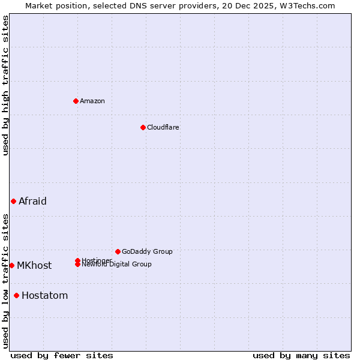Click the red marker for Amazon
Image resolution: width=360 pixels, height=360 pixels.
pyautogui.click(x=76, y=101)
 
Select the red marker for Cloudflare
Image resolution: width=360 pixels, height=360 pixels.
pyautogui.click(x=143, y=127)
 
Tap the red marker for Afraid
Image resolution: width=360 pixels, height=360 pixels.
pyautogui.click(x=13, y=201)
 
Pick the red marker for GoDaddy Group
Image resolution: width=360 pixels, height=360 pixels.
pyautogui.click(x=118, y=251)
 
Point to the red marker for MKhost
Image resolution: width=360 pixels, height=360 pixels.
pyautogui.click(x=11, y=265)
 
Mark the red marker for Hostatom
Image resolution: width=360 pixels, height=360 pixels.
pyautogui.click(x=16, y=295)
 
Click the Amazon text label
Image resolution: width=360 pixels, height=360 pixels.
pyautogui.click(x=92, y=101)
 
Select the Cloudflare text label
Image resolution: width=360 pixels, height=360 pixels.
pyautogui.click(x=163, y=127)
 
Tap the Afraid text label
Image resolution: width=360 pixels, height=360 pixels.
pyautogui.click(x=32, y=201)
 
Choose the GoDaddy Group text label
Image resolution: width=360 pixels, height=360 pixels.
pyautogui.click(x=147, y=251)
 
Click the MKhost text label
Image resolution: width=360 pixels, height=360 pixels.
pyautogui.click(x=34, y=265)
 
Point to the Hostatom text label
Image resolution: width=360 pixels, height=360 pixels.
pyautogui.click(x=44, y=295)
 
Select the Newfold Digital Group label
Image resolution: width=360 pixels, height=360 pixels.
pyautogui.click(x=117, y=265)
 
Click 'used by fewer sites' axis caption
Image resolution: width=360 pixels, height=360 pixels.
pyautogui.click(x=62, y=355)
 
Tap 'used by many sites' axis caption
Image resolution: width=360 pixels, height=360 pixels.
pyautogui.click(x=301, y=355)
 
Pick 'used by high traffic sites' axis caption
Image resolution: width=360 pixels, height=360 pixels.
pyautogui.click(x=5, y=85)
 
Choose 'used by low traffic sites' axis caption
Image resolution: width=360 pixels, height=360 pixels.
pyautogui.click(x=5, y=281)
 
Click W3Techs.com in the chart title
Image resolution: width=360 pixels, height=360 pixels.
pyautogui.click(x=305, y=5)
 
